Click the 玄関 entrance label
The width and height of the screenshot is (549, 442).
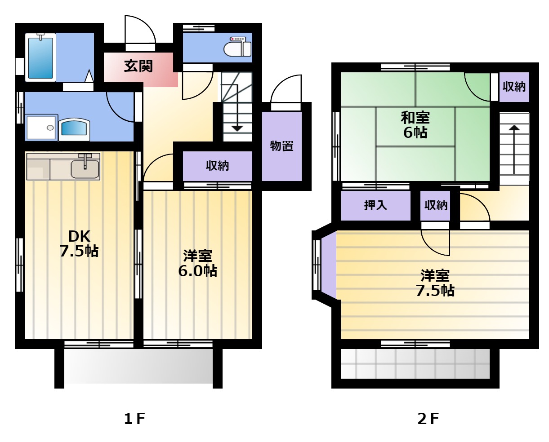138,66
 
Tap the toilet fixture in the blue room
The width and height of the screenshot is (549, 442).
237,47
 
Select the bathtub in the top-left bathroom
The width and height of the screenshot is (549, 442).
40,57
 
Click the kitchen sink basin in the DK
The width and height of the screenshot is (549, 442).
85,168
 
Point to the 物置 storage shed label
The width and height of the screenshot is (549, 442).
281,146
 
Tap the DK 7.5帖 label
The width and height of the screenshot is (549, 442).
79,244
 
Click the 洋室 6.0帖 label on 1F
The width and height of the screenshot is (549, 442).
198,263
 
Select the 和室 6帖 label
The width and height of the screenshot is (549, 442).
415,125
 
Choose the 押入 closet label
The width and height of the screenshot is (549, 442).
375,205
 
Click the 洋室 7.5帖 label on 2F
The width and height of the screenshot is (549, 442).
435,283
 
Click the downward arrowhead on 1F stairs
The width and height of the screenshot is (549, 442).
237,128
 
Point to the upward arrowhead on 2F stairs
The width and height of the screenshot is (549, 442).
514,128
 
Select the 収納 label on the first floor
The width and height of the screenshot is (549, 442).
217,166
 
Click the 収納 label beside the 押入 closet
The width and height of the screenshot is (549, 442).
436,205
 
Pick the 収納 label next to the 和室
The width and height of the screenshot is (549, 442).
514,87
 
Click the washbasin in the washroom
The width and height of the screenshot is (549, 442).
74,129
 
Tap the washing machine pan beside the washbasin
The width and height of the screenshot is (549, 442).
41,128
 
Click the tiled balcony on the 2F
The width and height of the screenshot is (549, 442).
415,364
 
